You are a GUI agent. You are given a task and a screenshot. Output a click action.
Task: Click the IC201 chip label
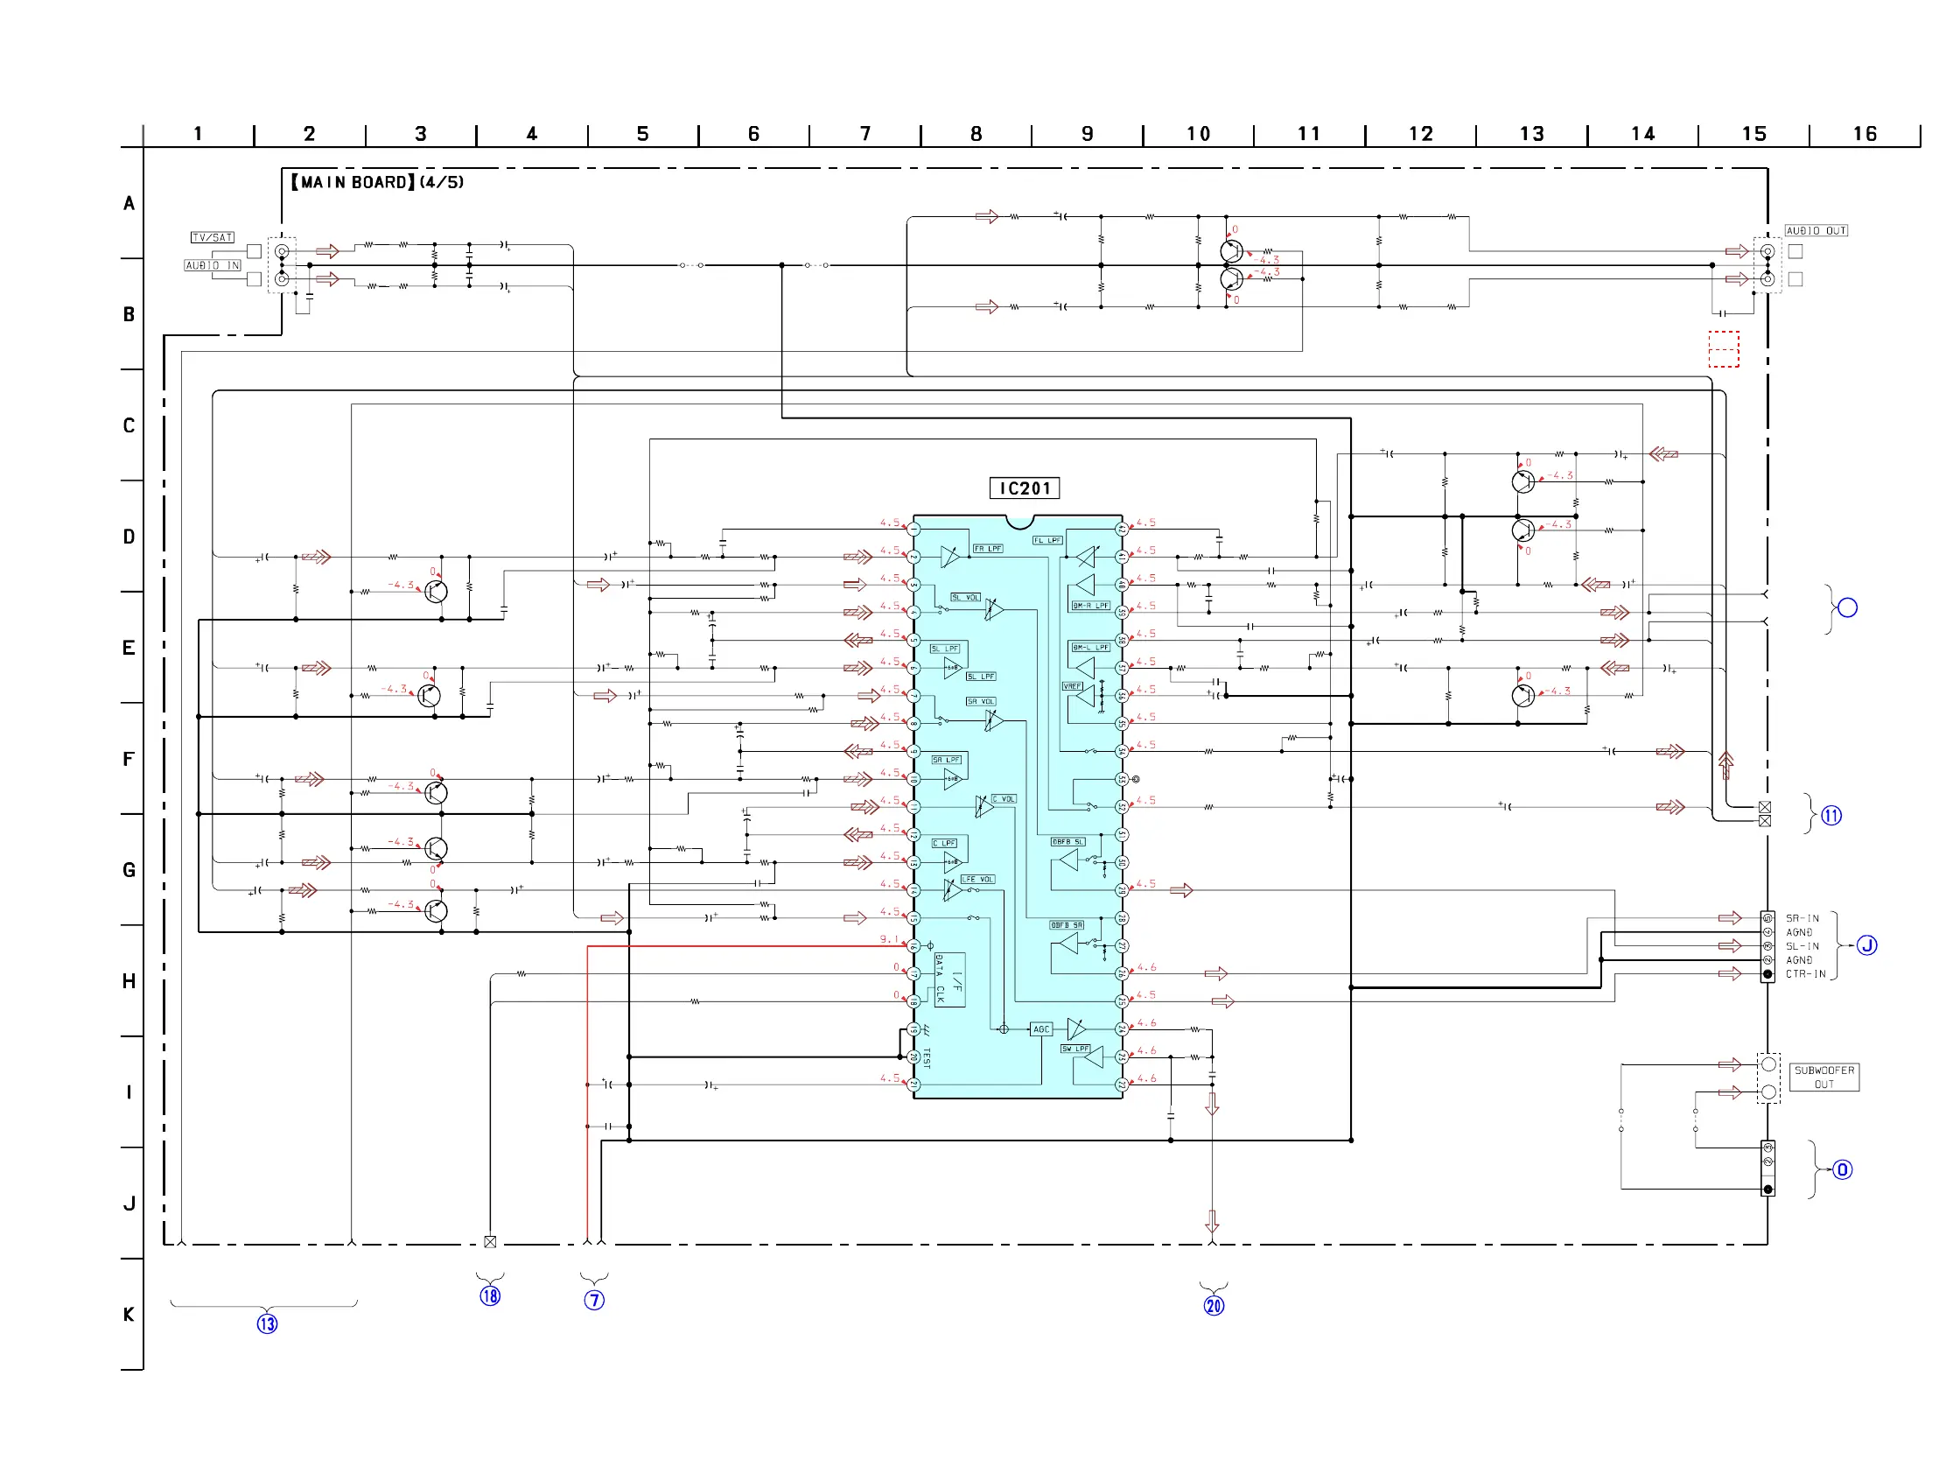coord(1024,488)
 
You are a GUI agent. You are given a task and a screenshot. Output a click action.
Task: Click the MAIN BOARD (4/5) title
coord(377,183)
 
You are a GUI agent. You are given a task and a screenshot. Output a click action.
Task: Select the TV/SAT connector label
coord(212,237)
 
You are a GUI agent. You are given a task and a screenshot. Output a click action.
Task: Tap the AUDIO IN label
coord(212,266)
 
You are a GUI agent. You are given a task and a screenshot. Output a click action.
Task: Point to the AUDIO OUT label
coord(1816,231)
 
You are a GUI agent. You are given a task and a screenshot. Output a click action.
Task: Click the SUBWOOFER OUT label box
coord(1823,1077)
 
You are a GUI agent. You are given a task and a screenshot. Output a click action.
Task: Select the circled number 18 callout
coord(490,1295)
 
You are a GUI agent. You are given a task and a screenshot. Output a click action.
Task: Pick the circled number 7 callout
coord(593,1301)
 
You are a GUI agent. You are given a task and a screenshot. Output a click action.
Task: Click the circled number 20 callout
coord(1213,1306)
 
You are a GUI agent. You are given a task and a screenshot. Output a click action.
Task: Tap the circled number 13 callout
coord(267,1324)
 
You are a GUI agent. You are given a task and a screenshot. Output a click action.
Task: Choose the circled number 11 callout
coord(1830,816)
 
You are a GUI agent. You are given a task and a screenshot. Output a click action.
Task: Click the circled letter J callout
coord(1866,945)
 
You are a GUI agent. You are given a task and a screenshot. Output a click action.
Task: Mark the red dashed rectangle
coord(1724,349)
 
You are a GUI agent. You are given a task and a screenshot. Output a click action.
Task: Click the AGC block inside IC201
coord(1040,1030)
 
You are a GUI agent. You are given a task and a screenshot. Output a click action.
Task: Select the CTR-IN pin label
coord(1805,974)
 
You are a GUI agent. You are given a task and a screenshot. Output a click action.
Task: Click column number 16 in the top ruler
coord(1865,134)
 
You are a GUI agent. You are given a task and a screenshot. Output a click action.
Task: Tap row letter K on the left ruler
coord(129,1315)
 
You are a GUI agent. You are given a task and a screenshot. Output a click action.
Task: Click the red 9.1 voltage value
coord(889,939)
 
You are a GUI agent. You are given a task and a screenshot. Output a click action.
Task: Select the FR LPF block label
coord(987,549)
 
